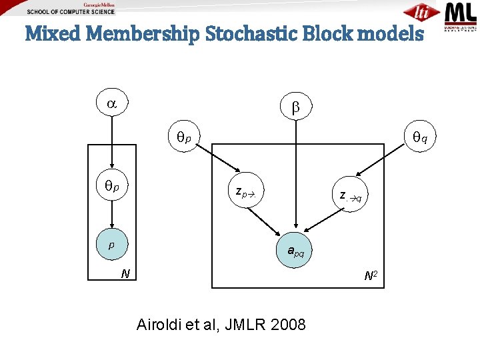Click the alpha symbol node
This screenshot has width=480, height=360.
(x=111, y=104)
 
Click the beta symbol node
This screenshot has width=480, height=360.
(x=295, y=107)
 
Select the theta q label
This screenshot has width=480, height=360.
(x=420, y=138)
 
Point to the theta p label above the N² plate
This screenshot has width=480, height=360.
(x=183, y=138)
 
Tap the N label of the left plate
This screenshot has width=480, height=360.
(x=125, y=273)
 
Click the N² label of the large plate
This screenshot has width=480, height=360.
(x=371, y=275)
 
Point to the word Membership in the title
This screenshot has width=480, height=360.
(x=142, y=34)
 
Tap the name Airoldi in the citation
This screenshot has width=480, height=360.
(x=160, y=325)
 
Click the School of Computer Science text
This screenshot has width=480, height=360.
(x=71, y=12)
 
